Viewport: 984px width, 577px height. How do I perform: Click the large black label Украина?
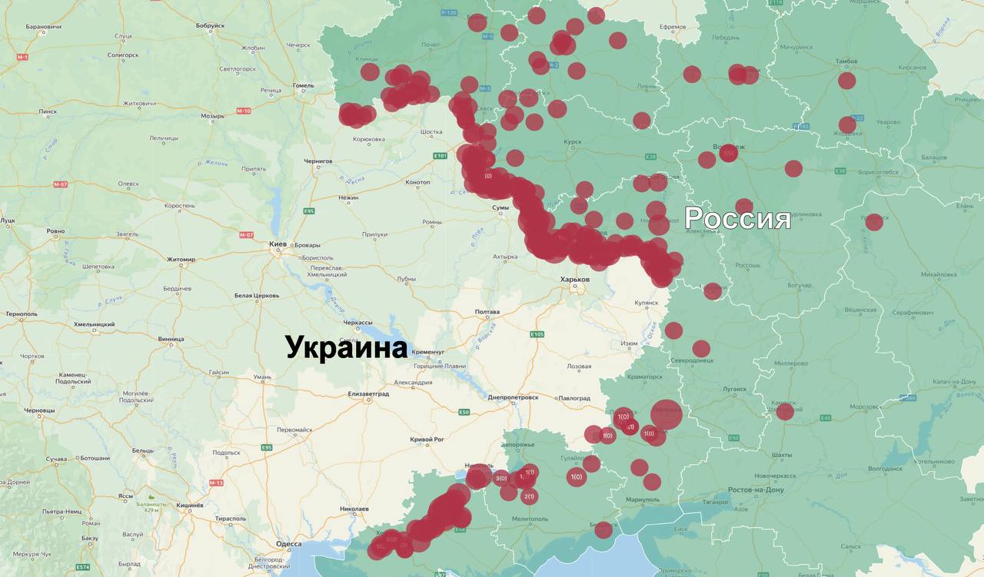pyautogui.click(x=346, y=347)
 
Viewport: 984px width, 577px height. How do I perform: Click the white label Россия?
pyautogui.click(x=737, y=218)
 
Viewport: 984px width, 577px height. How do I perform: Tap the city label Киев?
pyautogui.click(x=278, y=244)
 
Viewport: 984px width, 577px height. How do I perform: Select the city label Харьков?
pyautogui.click(x=574, y=280)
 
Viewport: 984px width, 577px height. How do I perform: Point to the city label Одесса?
pyautogui.click(x=288, y=544)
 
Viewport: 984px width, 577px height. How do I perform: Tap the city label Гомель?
pyautogui.click(x=304, y=85)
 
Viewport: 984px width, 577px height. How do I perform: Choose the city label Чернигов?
pyautogui.click(x=317, y=161)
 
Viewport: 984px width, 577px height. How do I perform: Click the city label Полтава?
pyautogui.click(x=487, y=312)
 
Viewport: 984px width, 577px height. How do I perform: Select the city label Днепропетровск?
pyautogui.click(x=513, y=398)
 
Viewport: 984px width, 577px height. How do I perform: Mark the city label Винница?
pyautogui.click(x=171, y=339)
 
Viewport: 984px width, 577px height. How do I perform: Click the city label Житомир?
pyautogui.click(x=181, y=260)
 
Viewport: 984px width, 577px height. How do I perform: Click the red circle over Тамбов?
pyautogui.click(x=846, y=81)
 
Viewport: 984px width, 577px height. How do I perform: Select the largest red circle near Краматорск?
pyautogui.click(x=666, y=415)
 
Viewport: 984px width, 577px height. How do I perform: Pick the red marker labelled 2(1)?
pyautogui.click(x=529, y=496)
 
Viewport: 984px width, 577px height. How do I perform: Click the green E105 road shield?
pyautogui.click(x=537, y=334)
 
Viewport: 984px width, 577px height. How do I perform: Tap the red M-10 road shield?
pyautogui.click(x=243, y=111)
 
